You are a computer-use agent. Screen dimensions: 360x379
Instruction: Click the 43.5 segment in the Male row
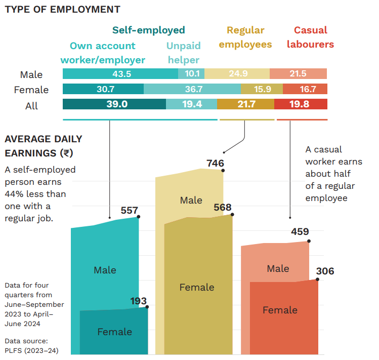pyautogui.click(x=120, y=74)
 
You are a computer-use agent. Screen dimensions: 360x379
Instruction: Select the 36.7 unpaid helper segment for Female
pyautogui.click(x=192, y=90)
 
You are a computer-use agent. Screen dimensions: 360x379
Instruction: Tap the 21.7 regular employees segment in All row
pyautogui.click(x=245, y=104)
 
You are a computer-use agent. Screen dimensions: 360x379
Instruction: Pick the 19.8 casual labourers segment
pyautogui.click(x=301, y=104)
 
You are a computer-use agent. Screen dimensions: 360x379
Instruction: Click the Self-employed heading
pyautogui.click(x=148, y=30)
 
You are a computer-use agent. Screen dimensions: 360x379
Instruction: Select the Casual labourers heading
pyautogui.click(x=310, y=37)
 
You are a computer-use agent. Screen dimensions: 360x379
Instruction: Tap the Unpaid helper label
pyautogui.click(x=184, y=53)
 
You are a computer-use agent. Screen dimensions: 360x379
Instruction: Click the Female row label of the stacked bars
pyautogui.click(x=31, y=90)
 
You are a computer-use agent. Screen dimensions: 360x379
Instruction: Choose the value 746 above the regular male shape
pyautogui.click(x=215, y=163)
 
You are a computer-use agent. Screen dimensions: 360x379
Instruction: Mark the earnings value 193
pyautogui.click(x=138, y=302)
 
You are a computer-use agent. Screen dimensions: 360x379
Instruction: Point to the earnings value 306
pyautogui.click(x=325, y=271)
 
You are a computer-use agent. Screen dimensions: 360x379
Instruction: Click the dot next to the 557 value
pyautogui.click(x=139, y=217)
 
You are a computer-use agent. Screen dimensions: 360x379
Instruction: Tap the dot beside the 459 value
pyautogui.click(x=309, y=242)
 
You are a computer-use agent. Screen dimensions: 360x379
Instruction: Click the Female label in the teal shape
pyautogui.click(x=114, y=332)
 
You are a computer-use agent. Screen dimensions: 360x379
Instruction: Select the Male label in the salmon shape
pyautogui.click(x=278, y=268)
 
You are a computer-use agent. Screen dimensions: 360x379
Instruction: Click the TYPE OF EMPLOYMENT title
pyautogui.click(x=62, y=9)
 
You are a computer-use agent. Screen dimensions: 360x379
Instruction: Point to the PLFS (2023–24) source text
pyautogui.click(x=30, y=350)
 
